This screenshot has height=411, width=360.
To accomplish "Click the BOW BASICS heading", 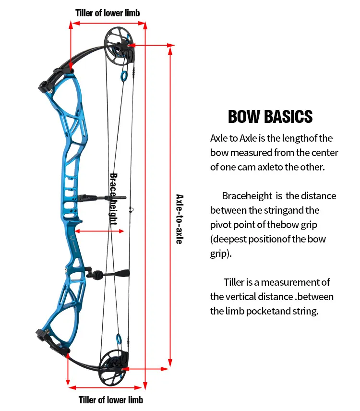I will [x=270, y=117].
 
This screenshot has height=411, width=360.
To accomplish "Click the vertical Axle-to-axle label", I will [x=179, y=219].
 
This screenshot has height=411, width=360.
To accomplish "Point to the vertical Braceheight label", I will [x=114, y=199].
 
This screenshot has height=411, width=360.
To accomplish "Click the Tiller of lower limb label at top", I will [x=108, y=13].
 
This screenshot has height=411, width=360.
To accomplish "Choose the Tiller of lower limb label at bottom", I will [x=111, y=399].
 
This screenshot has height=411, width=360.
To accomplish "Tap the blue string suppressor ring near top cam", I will [x=124, y=75].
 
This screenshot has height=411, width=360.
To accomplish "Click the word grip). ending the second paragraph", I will [x=221, y=254].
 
